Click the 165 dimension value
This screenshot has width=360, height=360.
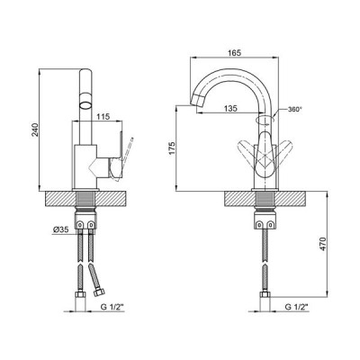coord(235,53)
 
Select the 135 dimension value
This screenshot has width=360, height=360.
coord(230,108)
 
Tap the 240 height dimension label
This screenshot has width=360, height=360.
coord(35,130)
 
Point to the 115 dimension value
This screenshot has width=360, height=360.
coord(103,116)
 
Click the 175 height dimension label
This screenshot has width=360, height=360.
coord(172,148)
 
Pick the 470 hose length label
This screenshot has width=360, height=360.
coord(323,244)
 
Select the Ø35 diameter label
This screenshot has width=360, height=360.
coord(61,229)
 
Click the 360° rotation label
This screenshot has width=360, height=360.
coord(294,109)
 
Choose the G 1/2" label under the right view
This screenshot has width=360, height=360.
coord(297,307)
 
